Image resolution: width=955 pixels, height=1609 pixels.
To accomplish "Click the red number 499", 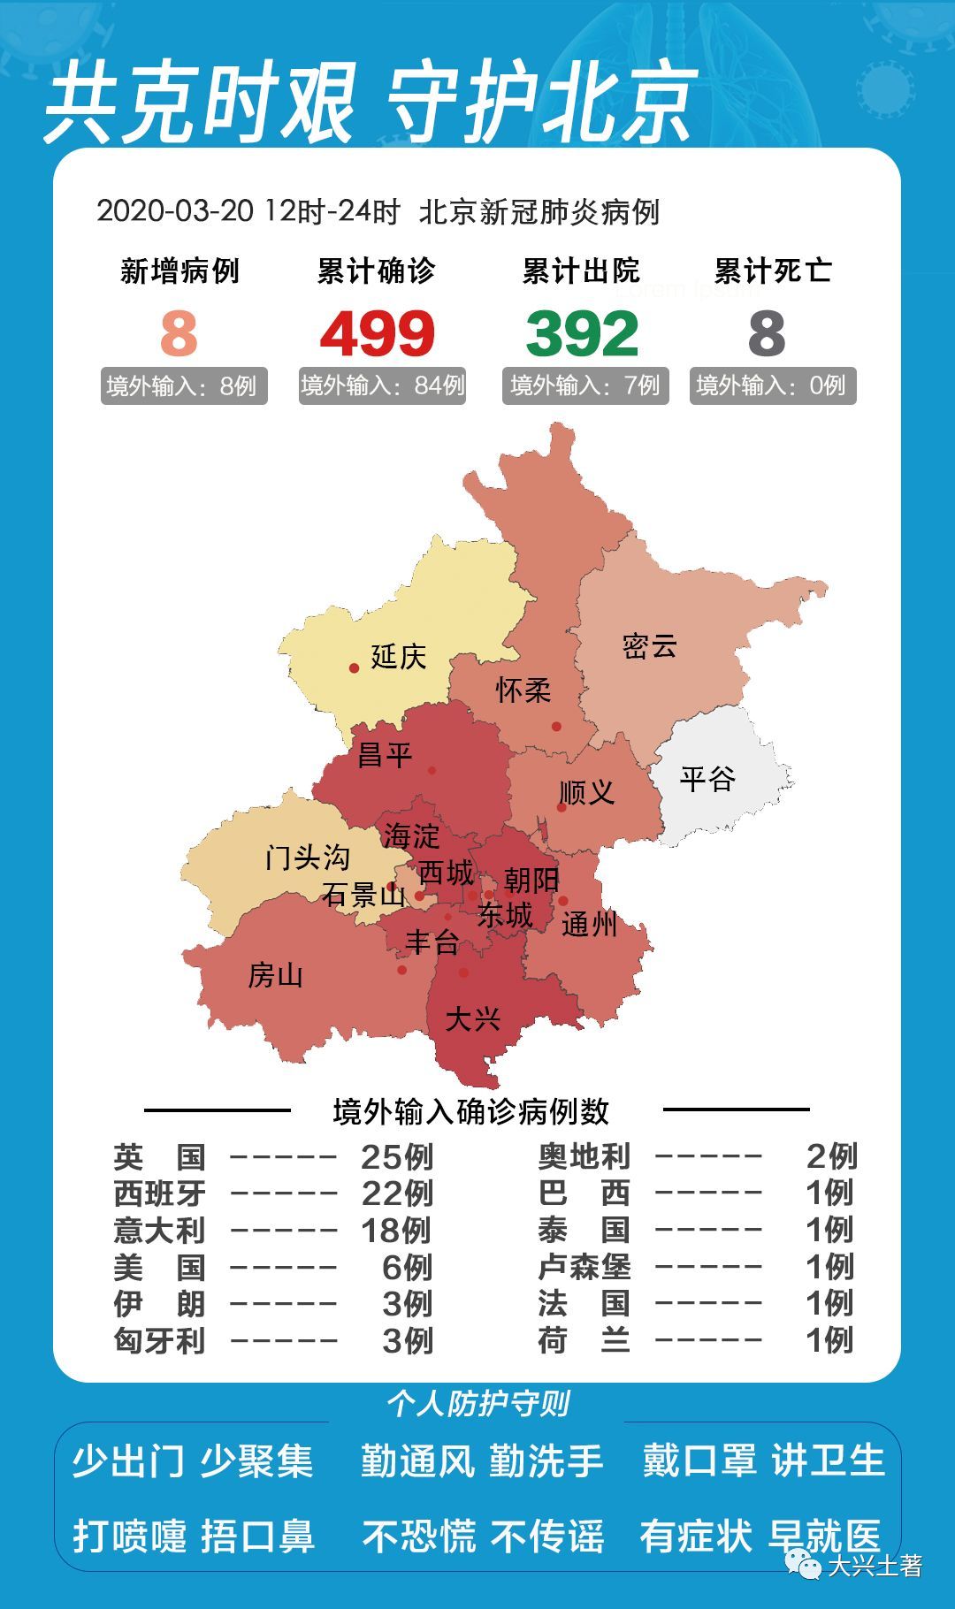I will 378,334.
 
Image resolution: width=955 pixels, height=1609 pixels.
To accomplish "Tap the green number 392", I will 582,334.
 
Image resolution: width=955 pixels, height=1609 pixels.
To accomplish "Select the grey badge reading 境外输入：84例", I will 382,385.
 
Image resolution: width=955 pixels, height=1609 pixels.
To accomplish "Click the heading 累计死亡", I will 773,271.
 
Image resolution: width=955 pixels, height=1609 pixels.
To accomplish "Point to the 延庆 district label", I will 398,657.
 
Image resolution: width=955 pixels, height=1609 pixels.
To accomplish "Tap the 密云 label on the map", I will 649,646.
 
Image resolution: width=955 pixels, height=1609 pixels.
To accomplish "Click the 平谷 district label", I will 707,779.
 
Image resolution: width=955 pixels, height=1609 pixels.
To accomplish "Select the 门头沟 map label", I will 307,857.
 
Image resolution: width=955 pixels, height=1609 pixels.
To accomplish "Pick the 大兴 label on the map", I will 472,1019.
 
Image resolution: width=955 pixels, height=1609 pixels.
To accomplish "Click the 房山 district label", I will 275,975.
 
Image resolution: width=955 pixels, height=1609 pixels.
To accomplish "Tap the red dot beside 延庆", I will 354,668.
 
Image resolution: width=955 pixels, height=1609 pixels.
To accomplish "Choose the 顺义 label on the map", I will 586,792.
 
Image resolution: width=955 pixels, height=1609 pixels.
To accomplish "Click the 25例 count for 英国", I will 397,1156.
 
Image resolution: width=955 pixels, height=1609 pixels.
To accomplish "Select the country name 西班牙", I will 159,1193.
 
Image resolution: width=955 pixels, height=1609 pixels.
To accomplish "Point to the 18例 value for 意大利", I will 396,1230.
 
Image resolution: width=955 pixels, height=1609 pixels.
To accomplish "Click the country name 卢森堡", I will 584,1267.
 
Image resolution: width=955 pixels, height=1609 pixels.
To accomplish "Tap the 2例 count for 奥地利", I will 831,1156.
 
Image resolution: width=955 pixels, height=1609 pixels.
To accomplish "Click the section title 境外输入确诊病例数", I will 470,1111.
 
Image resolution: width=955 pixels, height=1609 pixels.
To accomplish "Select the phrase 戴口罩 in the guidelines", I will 699,1460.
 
